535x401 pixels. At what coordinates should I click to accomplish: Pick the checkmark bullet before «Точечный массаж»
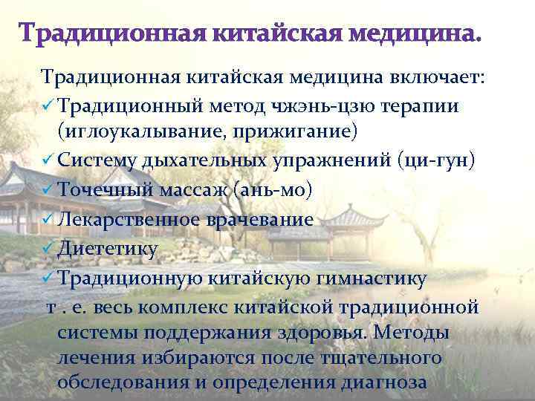[48, 190]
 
